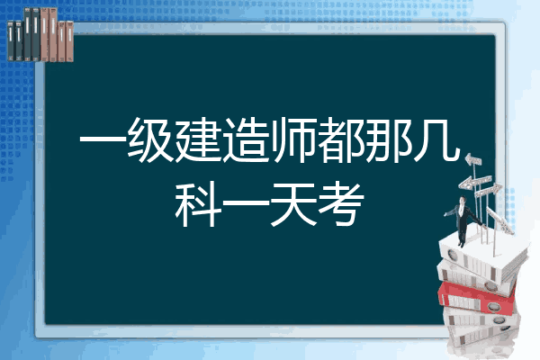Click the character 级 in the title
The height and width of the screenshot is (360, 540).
[151, 140]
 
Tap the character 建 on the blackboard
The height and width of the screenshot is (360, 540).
[198, 140]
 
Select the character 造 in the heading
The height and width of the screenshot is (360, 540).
[246, 140]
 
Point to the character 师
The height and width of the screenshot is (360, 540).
[293, 140]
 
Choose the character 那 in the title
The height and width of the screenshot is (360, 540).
[388, 140]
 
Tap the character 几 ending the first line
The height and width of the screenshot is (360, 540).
[436, 140]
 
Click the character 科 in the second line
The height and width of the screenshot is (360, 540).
[198, 205]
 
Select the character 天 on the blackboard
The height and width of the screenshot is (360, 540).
[293, 205]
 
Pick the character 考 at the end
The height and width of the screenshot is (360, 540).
[340, 205]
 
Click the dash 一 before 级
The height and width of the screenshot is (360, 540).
[103, 140]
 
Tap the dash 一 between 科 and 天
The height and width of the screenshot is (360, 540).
[246, 203]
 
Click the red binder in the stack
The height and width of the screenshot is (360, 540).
[477, 297]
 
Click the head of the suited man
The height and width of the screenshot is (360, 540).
[462, 200]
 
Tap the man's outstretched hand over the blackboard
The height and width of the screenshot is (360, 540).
[446, 214]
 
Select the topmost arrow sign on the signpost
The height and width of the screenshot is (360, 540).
[473, 159]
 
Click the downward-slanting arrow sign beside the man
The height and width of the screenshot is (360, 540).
[500, 220]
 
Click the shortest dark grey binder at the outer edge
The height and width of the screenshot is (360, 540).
[11, 40]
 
